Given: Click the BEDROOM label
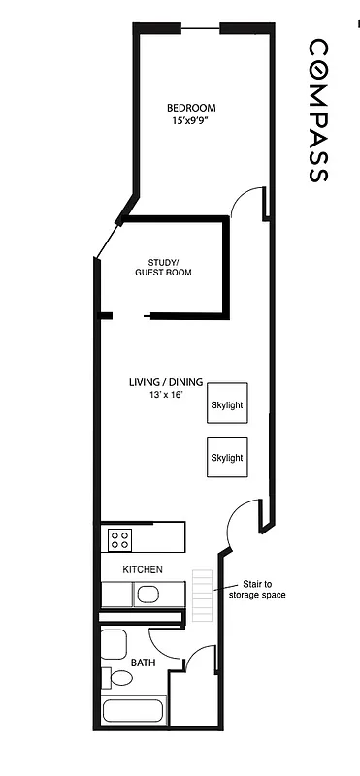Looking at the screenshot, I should pyautogui.click(x=191, y=108).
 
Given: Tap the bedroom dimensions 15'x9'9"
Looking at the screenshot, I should pyautogui.click(x=191, y=121).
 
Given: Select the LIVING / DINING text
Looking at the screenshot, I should pyautogui.click(x=166, y=382).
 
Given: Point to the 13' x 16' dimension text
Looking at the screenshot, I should pyautogui.click(x=166, y=396).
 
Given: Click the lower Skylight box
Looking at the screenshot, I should pyautogui.click(x=227, y=457).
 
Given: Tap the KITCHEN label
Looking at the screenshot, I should pyautogui.click(x=142, y=569).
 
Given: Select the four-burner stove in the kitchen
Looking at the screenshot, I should pyautogui.click(x=120, y=537).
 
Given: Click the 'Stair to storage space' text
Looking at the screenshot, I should pyautogui.click(x=256, y=590).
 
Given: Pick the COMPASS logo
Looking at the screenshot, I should pyautogui.click(x=318, y=111).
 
